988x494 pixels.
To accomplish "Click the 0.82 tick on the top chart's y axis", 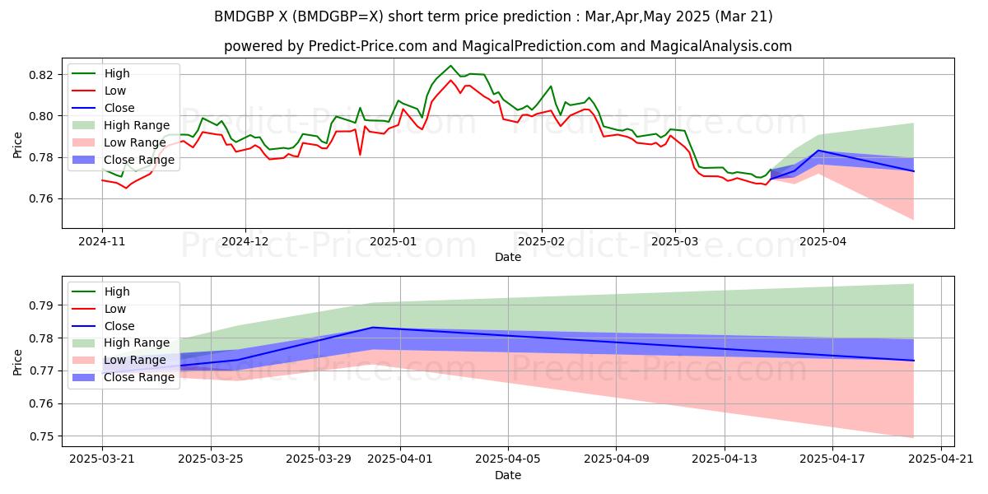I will (x=41, y=75).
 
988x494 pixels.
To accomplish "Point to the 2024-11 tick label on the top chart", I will (x=102, y=241).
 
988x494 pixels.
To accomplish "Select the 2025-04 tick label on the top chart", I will (x=823, y=241).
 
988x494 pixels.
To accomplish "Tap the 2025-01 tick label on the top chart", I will (x=394, y=241).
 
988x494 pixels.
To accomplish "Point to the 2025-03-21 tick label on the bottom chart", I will (x=102, y=459).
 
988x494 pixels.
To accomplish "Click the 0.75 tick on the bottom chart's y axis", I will (x=41, y=436).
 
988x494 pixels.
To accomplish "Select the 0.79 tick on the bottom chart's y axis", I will (x=41, y=305).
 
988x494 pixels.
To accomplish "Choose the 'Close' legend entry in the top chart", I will (x=119, y=108).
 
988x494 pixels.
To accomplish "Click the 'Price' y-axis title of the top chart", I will (x=18, y=145).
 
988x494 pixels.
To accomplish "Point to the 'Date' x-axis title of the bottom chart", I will (x=508, y=475).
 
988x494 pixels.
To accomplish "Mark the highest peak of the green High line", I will (x=450, y=66).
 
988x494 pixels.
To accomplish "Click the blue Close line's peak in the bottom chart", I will (x=372, y=327).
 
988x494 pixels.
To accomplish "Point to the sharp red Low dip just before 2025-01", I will (x=360, y=154).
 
